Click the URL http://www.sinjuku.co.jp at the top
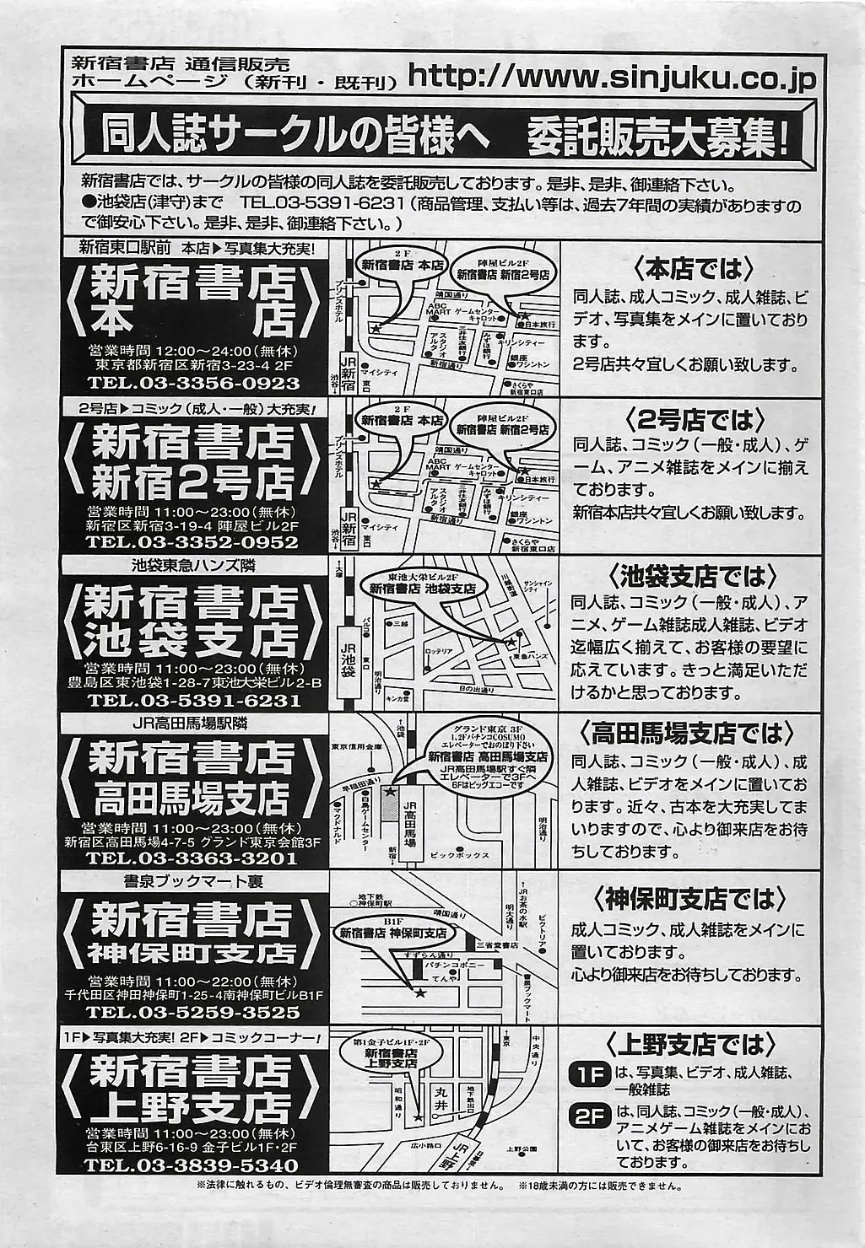(x=612, y=78)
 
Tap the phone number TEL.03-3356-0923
(x=193, y=383)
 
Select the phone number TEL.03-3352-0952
(x=193, y=542)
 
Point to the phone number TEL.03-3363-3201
(x=193, y=858)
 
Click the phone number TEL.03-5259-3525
(x=193, y=1012)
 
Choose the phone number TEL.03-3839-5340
(x=193, y=1166)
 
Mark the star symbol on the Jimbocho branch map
(x=419, y=992)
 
